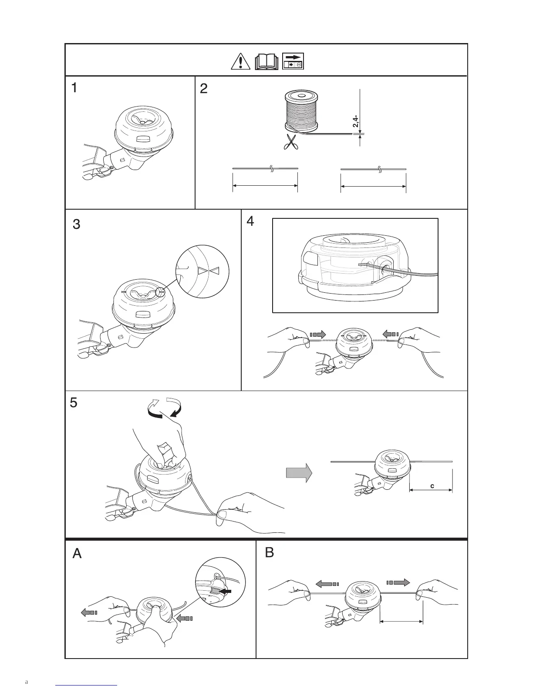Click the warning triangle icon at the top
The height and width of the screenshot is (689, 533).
click(x=239, y=62)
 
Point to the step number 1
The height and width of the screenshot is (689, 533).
click(x=75, y=88)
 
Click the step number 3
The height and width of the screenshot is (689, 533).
click(x=76, y=225)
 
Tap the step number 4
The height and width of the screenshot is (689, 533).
click(x=250, y=221)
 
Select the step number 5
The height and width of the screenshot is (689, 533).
click(x=74, y=403)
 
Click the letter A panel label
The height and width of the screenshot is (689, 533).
click(x=77, y=554)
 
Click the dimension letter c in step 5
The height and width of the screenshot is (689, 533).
click(x=432, y=486)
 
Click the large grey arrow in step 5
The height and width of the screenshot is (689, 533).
click(x=299, y=472)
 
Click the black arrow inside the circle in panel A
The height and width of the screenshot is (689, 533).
click(x=226, y=592)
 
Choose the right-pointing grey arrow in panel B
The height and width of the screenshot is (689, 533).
click(x=398, y=582)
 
